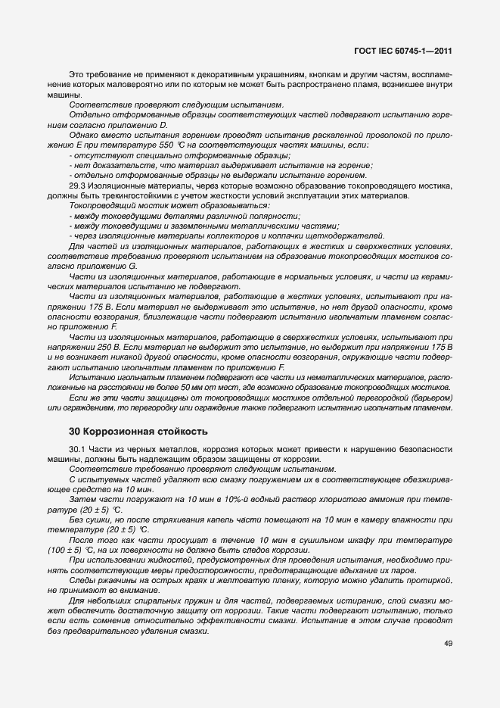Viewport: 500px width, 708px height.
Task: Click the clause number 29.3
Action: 77,186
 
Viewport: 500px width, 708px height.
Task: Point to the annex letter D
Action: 163,124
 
